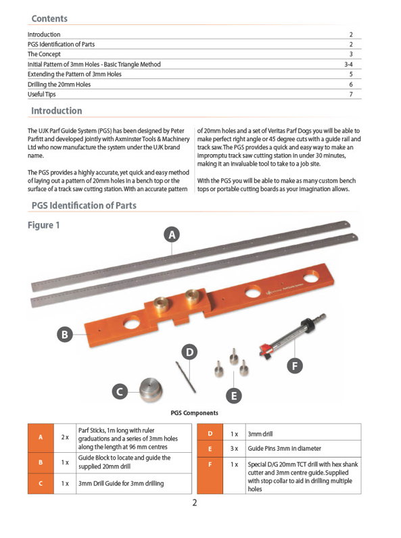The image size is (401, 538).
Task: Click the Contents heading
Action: tap(49, 18)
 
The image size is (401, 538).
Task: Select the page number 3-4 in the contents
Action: tap(348, 64)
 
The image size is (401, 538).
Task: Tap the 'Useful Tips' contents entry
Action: tap(41, 95)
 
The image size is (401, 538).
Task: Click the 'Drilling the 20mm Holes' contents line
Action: tap(59, 84)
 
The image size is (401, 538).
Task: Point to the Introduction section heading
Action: tap(57, 111)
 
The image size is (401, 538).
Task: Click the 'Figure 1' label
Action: tap(43, 225)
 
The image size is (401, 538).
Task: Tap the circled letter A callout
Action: tap(172, 235)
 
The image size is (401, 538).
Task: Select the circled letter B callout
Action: tap(65, 335)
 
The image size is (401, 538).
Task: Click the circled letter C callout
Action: tap(120, 392)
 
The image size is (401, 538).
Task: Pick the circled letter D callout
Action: tap(189, 352)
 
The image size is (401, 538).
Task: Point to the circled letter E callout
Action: tap(234, 396)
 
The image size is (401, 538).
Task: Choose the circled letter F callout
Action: tap(295, 366)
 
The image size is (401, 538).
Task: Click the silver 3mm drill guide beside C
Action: tap(151, 390)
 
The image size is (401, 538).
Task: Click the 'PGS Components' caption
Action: tap(194, 413)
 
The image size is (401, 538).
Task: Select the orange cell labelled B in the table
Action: tap(41, 463)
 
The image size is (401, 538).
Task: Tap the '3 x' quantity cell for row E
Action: tap(234, 449)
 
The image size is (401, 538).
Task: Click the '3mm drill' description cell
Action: tap(303, 434)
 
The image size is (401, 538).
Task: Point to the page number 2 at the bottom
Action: tap(195, 503)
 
